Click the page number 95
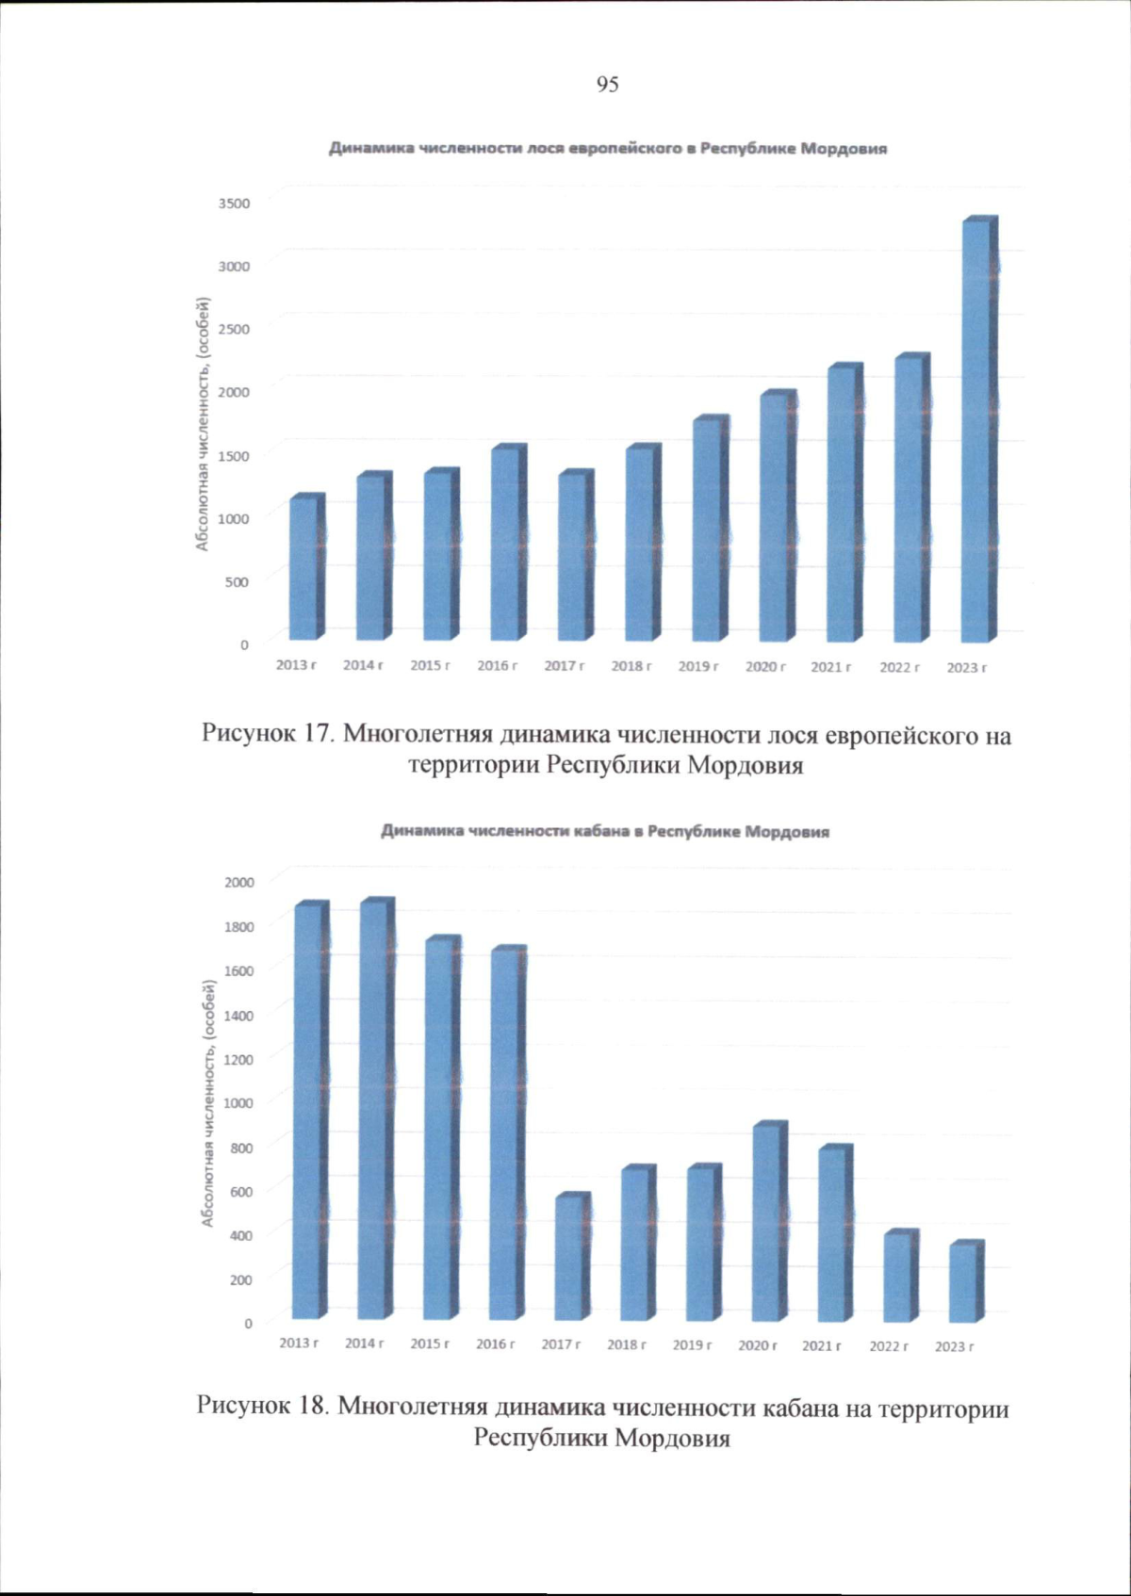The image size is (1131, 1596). pyautogui.click(x=608, y=85)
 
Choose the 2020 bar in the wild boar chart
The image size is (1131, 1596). pyautogui.click(x=766, y=1222)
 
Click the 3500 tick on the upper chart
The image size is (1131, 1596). pyautogui.click(x=235, y=203)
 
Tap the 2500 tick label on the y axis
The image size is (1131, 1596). pyautogui.click(x=235, y=329)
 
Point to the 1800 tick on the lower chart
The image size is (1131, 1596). pyautogui.click(x=239, y=926)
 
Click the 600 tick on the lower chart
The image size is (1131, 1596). pyautogui.click(x=242, y=1191)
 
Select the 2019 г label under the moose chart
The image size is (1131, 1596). pyautogui.click(x=698, y=666)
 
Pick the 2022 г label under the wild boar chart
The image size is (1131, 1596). pyautogui.click(x=889, y=1346)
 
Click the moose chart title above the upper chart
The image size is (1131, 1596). pyautogui.click(x=607, y=149)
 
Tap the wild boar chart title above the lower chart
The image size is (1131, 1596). pyautogui.click(x=605, y=832)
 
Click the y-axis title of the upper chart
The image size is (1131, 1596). pyautogui.click(x=202, y=423)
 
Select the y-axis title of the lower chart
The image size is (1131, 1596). pyautogui.click(x=207, y=1102)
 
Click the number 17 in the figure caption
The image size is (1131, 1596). pyautogui.click(x=316, y=733)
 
